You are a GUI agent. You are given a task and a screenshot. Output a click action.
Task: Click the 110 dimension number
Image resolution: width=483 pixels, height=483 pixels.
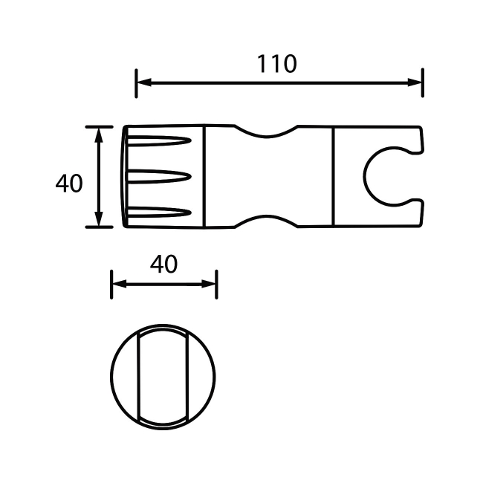[x=277, y=64]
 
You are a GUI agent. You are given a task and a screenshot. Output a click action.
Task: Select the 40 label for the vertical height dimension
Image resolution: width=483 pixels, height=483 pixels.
[x=69, y=183]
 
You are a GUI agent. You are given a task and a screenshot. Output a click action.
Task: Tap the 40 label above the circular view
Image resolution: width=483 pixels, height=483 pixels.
[x=163, y=264]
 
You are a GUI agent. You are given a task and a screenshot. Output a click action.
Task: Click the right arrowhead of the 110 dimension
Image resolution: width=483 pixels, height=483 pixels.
[x=416, y=83]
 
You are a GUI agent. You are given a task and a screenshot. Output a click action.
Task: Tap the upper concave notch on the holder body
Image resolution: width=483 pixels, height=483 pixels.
[x=267, y=132]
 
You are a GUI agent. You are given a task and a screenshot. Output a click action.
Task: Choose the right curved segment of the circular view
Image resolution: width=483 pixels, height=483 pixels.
[x=203, y=377]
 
